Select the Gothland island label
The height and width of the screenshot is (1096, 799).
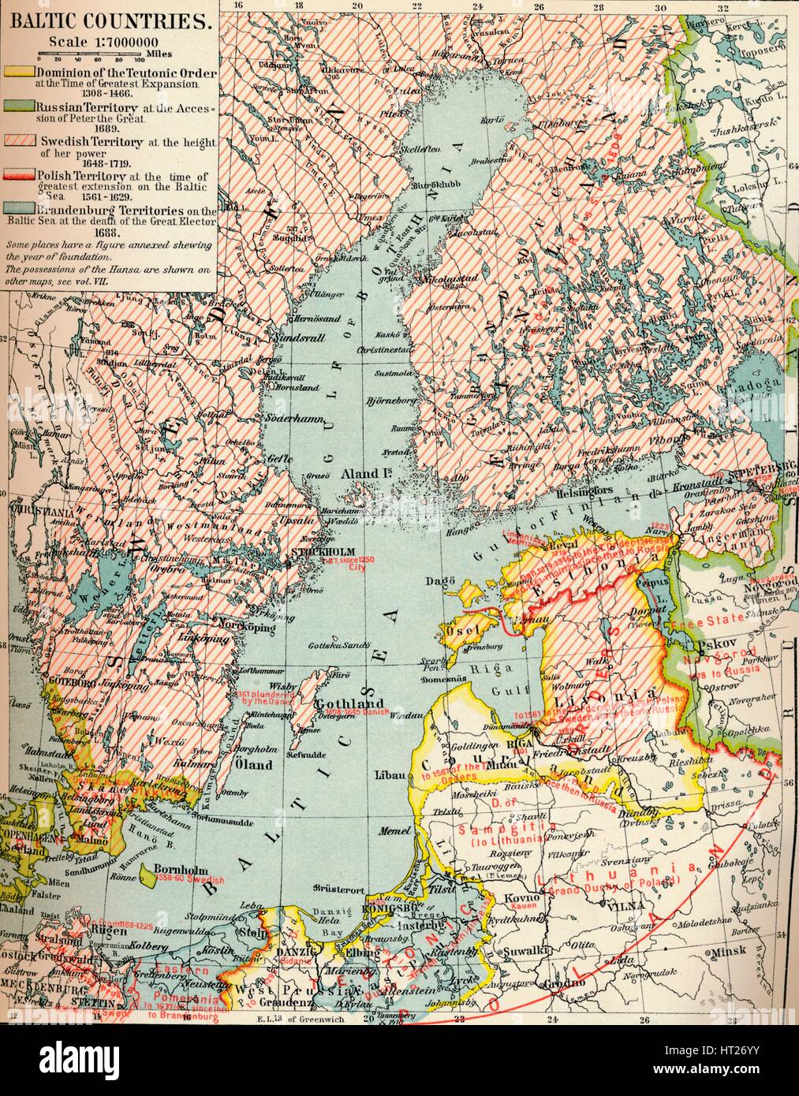click(338, 703)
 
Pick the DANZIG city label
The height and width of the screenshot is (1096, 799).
click(275, 952)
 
